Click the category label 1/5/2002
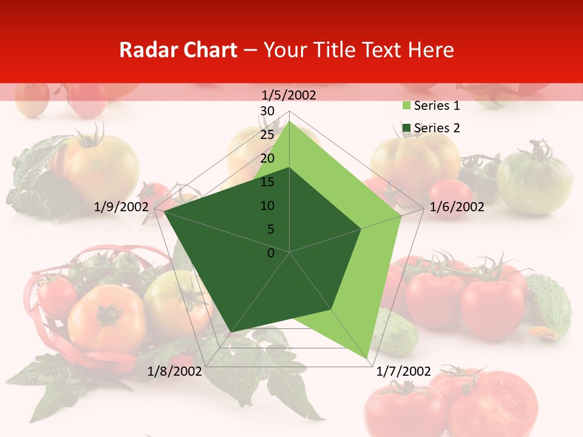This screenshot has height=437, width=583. pos(288,95)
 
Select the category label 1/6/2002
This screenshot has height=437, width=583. pos(457,207)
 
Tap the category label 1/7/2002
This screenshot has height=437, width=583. pos(404,371)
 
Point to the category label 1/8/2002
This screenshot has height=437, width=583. pos(175,371)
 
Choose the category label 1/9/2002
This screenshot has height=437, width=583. pos(121,207)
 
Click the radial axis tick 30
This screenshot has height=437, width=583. pos(267,111)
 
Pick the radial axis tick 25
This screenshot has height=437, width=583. pos(267,135)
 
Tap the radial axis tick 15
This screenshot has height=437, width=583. pos(267,182)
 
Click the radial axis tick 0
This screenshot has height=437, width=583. pos(271,252)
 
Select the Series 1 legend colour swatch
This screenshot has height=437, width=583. pos(406,106)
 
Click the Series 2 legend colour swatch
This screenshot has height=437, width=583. pos(406,128)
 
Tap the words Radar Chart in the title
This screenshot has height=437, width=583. pos(178,50)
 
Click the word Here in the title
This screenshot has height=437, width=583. pos(431,50)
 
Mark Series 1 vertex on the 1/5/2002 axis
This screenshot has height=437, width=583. pos(290,121)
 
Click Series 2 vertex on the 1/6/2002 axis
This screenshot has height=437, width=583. pos(361,229)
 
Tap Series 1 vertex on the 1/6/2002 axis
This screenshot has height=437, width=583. pos(401,215)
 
